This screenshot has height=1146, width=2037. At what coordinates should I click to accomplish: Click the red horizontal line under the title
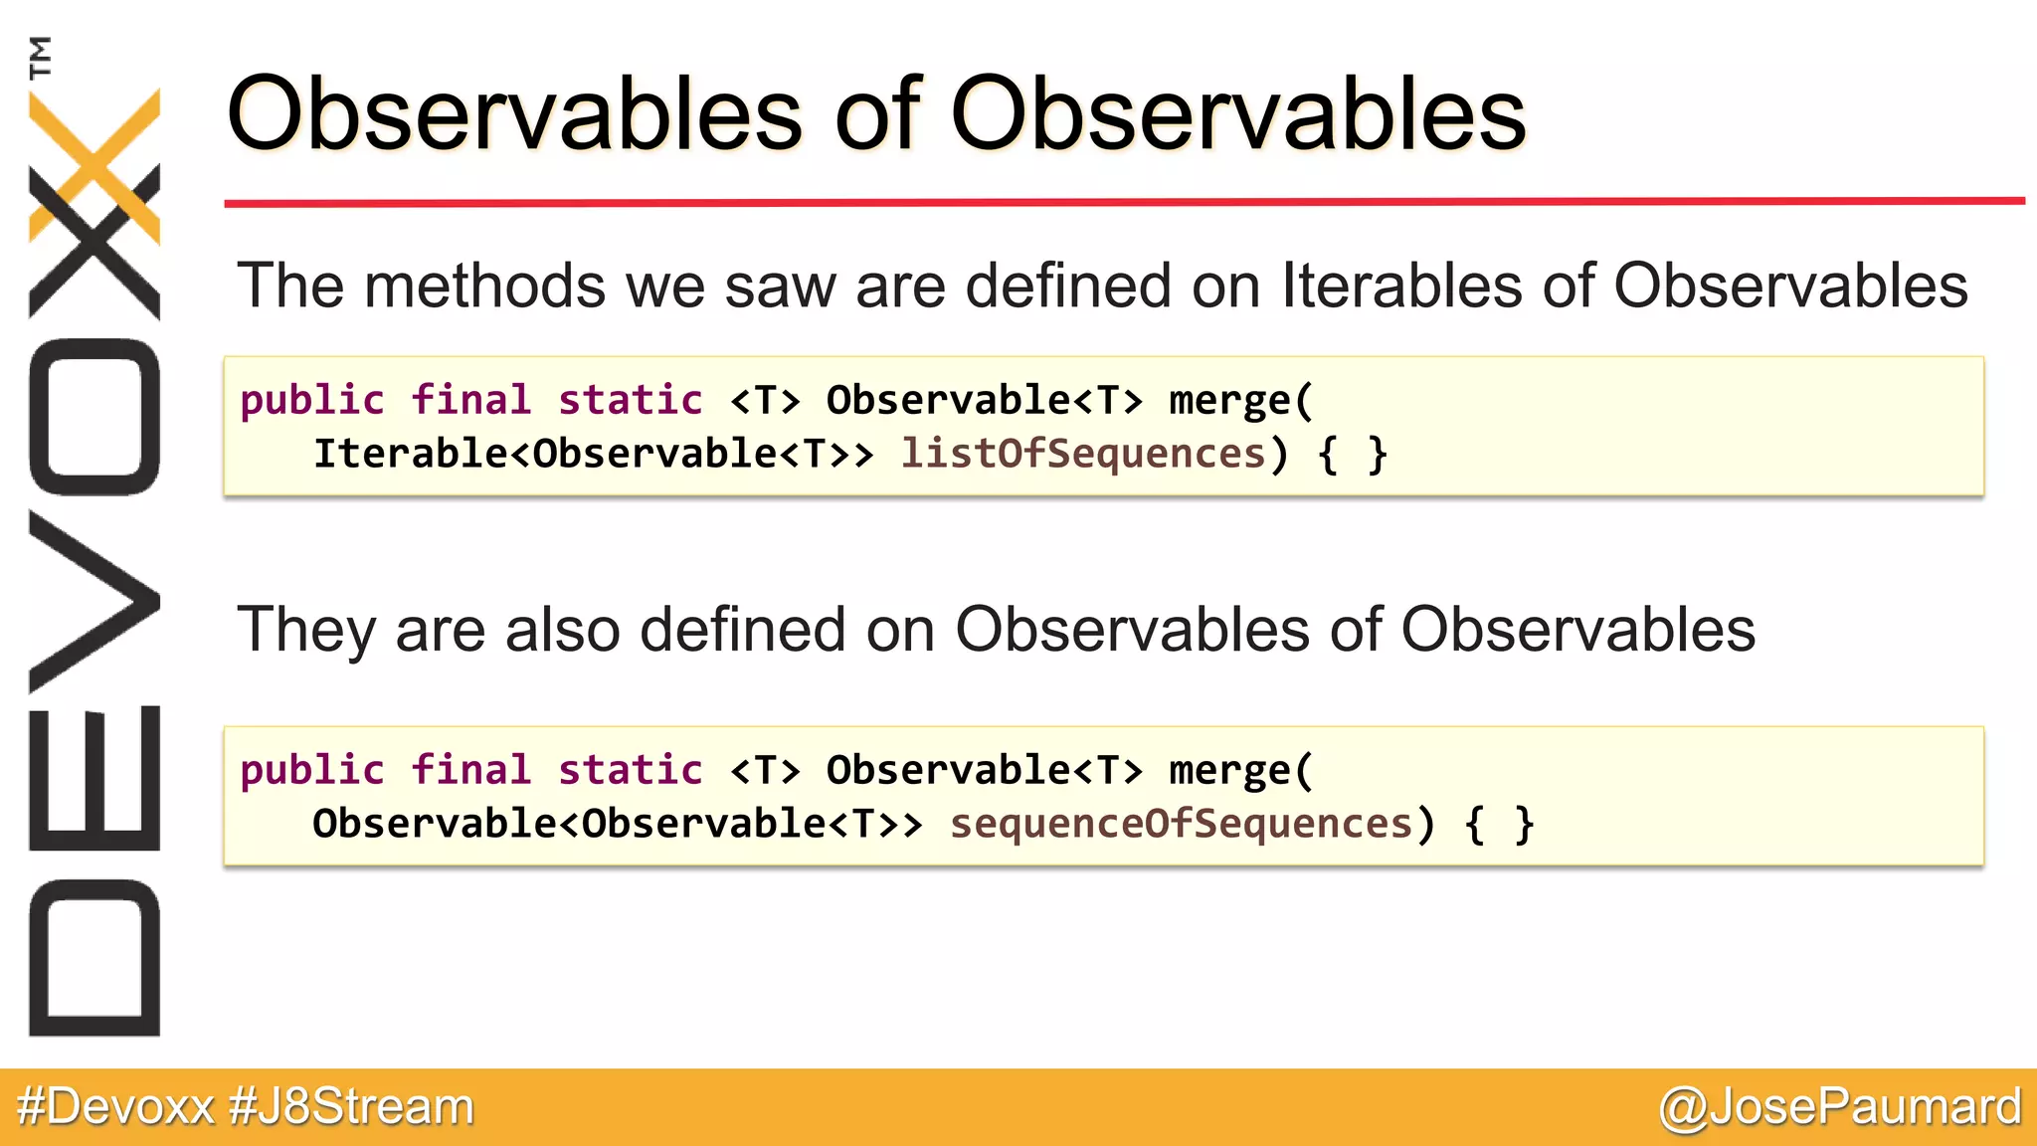1124,202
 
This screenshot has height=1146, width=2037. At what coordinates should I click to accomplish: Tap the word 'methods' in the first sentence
484,286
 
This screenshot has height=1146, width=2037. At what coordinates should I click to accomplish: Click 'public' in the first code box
312,401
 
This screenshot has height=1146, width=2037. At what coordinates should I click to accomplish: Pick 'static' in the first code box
630,401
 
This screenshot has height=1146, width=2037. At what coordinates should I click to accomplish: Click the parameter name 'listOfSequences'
1082,455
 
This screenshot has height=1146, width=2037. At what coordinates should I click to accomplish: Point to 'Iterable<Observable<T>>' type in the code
593,455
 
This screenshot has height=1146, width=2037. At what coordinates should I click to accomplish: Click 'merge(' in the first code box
1241,401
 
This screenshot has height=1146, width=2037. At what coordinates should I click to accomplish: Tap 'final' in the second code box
471,771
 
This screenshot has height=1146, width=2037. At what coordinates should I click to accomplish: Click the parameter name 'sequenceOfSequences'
1181,825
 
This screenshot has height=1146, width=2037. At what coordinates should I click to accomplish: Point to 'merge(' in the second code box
1241,771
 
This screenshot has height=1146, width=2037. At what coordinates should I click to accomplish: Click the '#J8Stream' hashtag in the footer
351,1107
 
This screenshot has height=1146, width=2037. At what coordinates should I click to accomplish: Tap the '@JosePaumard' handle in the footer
1840,1107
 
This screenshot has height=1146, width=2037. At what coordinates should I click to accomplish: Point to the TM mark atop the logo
41,57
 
